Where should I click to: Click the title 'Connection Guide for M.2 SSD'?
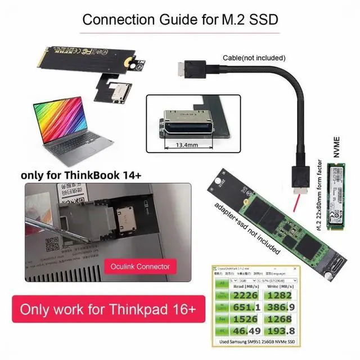180,19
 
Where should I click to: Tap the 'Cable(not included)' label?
255,57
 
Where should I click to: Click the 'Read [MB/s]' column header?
248,285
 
